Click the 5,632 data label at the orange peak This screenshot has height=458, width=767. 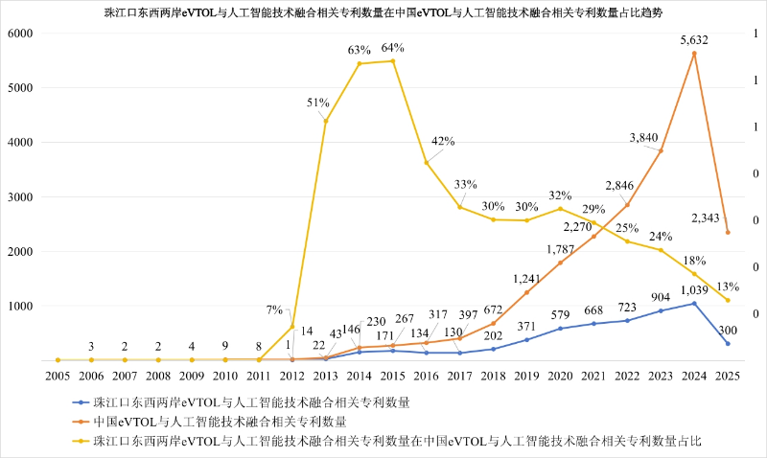693,40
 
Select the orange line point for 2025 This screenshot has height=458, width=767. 728,233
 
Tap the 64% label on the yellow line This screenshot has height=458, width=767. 393,48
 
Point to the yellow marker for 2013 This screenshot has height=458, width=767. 326,121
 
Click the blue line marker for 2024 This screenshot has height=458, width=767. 694,304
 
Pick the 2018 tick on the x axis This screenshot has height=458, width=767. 493,375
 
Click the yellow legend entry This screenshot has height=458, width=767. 394,440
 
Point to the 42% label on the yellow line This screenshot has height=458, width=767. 442,141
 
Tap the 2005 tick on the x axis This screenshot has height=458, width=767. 58,375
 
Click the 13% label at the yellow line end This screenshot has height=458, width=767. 727,286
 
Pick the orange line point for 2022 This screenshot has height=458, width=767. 627,205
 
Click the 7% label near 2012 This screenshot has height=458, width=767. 274,310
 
